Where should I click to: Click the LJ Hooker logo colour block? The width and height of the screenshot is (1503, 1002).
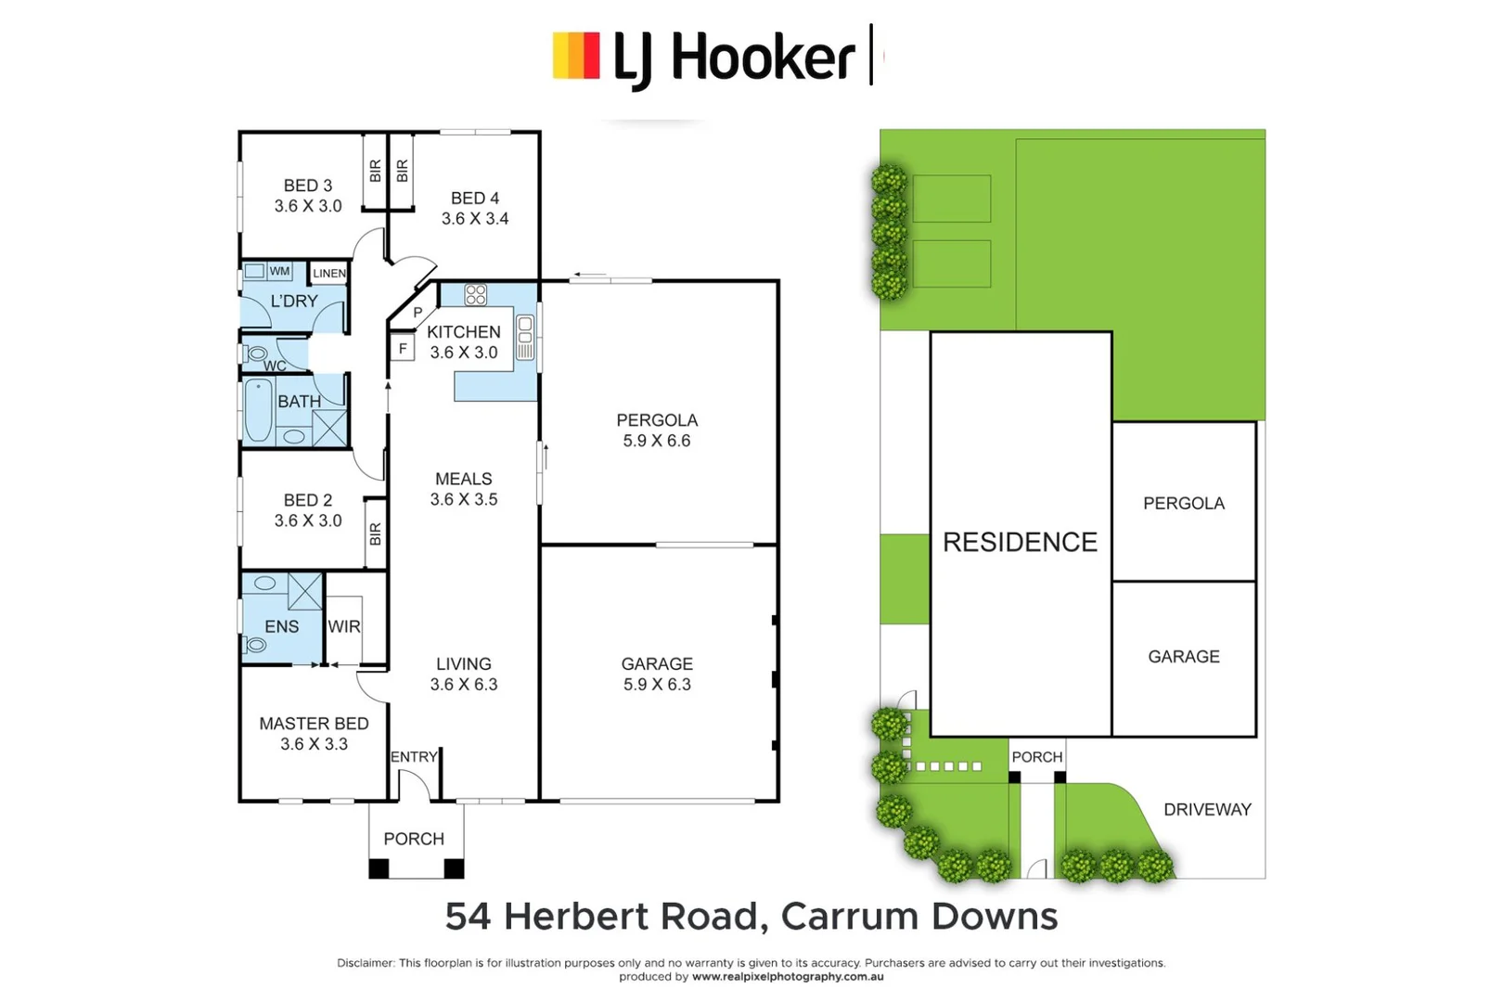point(576,56)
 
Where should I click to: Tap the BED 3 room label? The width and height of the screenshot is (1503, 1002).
point(307,186)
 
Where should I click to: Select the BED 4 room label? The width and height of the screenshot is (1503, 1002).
point(474,199)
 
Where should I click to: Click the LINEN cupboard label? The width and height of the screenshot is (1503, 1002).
point(329,273)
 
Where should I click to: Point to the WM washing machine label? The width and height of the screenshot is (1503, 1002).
point(279,271)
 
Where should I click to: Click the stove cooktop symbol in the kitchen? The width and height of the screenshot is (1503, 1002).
point(476,295)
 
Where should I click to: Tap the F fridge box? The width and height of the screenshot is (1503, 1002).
point(403,349)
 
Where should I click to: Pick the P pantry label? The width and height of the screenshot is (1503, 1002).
point(417,313)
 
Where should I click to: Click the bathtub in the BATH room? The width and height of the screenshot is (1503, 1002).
point(259,411)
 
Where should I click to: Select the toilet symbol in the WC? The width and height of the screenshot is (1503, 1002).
point(256,353)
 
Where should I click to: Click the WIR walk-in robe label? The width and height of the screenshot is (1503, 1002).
point(343,627)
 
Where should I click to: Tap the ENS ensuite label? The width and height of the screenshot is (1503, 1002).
point(281,627)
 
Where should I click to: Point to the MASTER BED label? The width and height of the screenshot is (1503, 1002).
point(314,724)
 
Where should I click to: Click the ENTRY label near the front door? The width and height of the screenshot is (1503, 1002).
point(413,757)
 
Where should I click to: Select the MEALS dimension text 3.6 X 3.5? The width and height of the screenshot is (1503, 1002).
point(463,499)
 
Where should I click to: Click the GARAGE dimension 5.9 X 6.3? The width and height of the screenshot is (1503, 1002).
point(657,685)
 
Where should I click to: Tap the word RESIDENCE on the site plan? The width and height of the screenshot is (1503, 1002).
point(1020,542)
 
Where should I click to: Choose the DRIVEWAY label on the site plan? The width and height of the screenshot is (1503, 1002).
point(1207,810)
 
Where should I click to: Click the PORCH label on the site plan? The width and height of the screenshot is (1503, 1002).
point(1036,757)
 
